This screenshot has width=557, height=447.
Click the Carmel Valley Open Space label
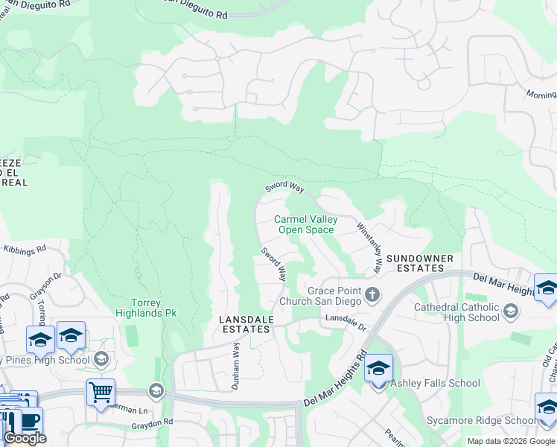click(305, 224)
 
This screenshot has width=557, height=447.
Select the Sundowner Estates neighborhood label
click(420, 263)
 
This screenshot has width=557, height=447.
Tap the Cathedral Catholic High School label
click(456, 312)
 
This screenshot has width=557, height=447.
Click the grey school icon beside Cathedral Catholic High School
click(511, 311)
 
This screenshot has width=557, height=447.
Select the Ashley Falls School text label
click(436, 384)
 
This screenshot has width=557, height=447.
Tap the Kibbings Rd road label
click(25, 250)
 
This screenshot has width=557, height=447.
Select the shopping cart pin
click(101, 390)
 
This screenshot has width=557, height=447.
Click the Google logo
click(25, 437)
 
